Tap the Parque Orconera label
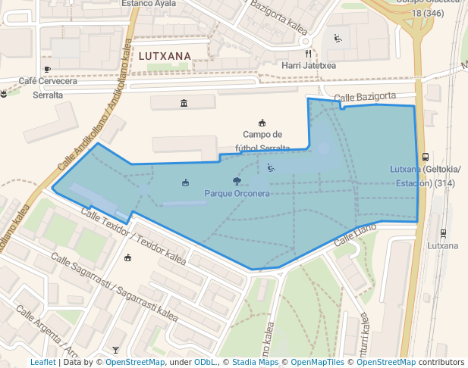click(x=237, y=194)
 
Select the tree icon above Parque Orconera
click(x=237, y=181)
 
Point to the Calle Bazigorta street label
click(x=365, y=97)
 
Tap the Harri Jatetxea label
click(x=308, y=66)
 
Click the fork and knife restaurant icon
click(x=308, y=54)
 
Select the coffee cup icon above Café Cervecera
click(x=47, y=70)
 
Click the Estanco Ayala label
click(x=149, y=4)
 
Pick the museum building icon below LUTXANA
click(x=184, y=103)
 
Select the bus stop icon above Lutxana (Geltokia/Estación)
click(x=426, y=157)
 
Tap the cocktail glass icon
click(x=115, y=350)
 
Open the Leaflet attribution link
click(x=42, y=363)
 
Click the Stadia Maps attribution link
click(x=255, y=363)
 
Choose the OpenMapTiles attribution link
click(x=313, y=363)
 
